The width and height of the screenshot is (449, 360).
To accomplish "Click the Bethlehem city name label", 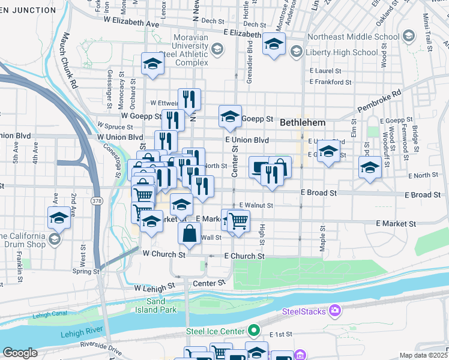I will tap(303, 122).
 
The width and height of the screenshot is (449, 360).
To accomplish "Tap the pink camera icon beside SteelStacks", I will tap(335, 311).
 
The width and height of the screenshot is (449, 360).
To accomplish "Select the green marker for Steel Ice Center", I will tap(254, 330).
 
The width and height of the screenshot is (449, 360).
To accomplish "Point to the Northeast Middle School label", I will tap(353, 37).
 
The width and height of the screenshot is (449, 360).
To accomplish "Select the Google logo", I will tap(20, 353).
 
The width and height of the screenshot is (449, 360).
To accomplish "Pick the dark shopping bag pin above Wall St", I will tap(189, 234).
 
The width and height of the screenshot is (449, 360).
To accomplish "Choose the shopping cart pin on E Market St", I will tap(238, 221).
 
